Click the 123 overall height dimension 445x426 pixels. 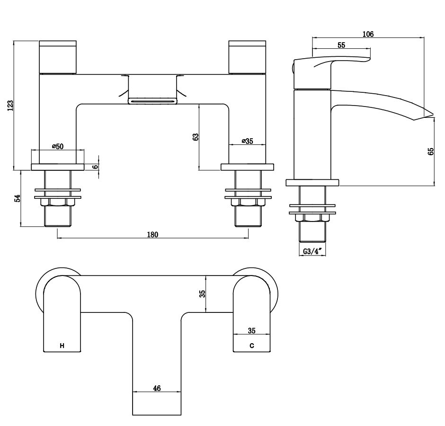(10, 105)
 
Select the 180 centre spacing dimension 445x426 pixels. (152, 234)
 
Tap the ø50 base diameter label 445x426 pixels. (57, 146)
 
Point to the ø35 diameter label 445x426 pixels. (247, 141)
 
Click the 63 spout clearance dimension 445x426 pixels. (196, 137)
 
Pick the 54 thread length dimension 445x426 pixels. (18, 198)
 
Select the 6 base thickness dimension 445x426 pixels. (95, 167)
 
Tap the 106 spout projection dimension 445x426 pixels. (368, 34)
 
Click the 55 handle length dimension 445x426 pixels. (341, 45)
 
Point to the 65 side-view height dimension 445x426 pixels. (430, 151)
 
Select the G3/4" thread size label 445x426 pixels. (312, 252)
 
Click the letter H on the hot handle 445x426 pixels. (62, 346)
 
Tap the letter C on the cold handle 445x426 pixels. (252, 346)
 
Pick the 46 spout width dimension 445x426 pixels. (157, 388)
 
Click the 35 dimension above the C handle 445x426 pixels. (252, 331)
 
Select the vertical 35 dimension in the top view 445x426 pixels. (203, 293)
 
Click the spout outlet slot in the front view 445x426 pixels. (152, 100)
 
